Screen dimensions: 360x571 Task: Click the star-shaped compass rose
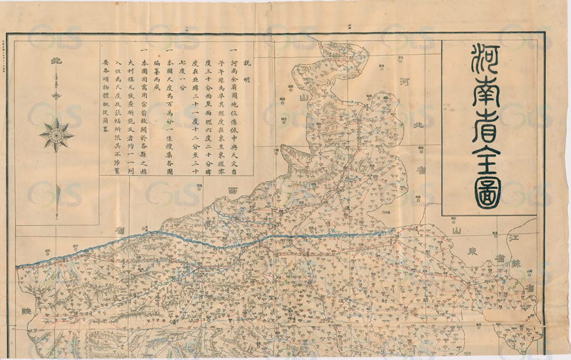coord(56,132)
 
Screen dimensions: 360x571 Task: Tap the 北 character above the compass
coord(56,63)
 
